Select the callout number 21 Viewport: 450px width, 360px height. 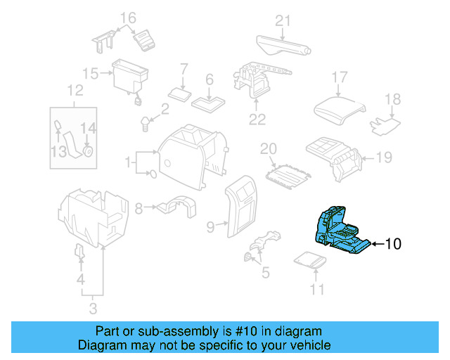point(282,21)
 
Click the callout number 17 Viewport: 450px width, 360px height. point(340,77)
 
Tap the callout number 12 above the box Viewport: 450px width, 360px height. point(75,90)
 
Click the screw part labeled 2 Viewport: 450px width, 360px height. point(146,124)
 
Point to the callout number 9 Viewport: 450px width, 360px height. point(210,226)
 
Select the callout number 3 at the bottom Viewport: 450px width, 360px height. point(92,307)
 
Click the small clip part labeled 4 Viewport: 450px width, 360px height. point(79,252)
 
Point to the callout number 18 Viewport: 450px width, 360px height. point(392,99)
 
